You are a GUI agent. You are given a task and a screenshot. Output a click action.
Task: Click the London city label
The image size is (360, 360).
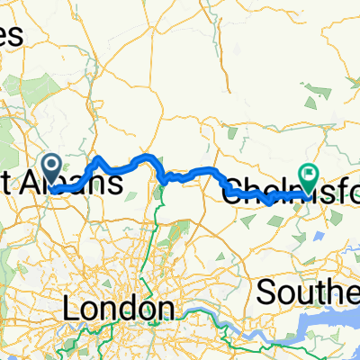pos(120,309)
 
